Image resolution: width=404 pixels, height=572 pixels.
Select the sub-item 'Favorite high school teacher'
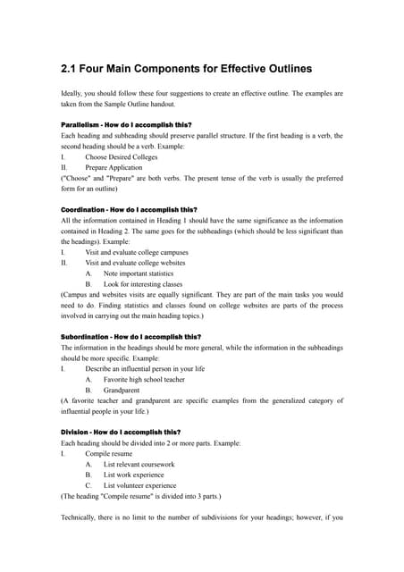pos(149,380)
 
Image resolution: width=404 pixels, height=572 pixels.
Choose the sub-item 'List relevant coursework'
pos(139,465)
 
